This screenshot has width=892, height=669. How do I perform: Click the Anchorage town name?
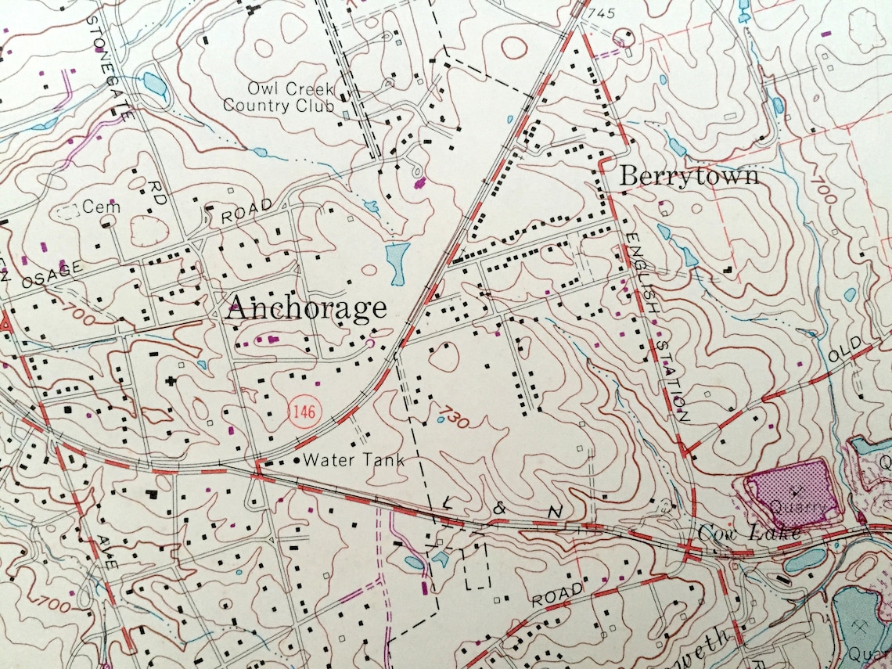(306, 308)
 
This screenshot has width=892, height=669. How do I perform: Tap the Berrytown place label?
(689, 175)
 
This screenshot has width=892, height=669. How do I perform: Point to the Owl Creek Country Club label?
(279, 97)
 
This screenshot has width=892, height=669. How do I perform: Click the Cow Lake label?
(749, 533)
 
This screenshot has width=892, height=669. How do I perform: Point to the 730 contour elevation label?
(454, 415)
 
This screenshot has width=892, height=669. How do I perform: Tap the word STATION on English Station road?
(672, 379)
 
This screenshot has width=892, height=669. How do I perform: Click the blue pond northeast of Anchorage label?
(397, 263)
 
